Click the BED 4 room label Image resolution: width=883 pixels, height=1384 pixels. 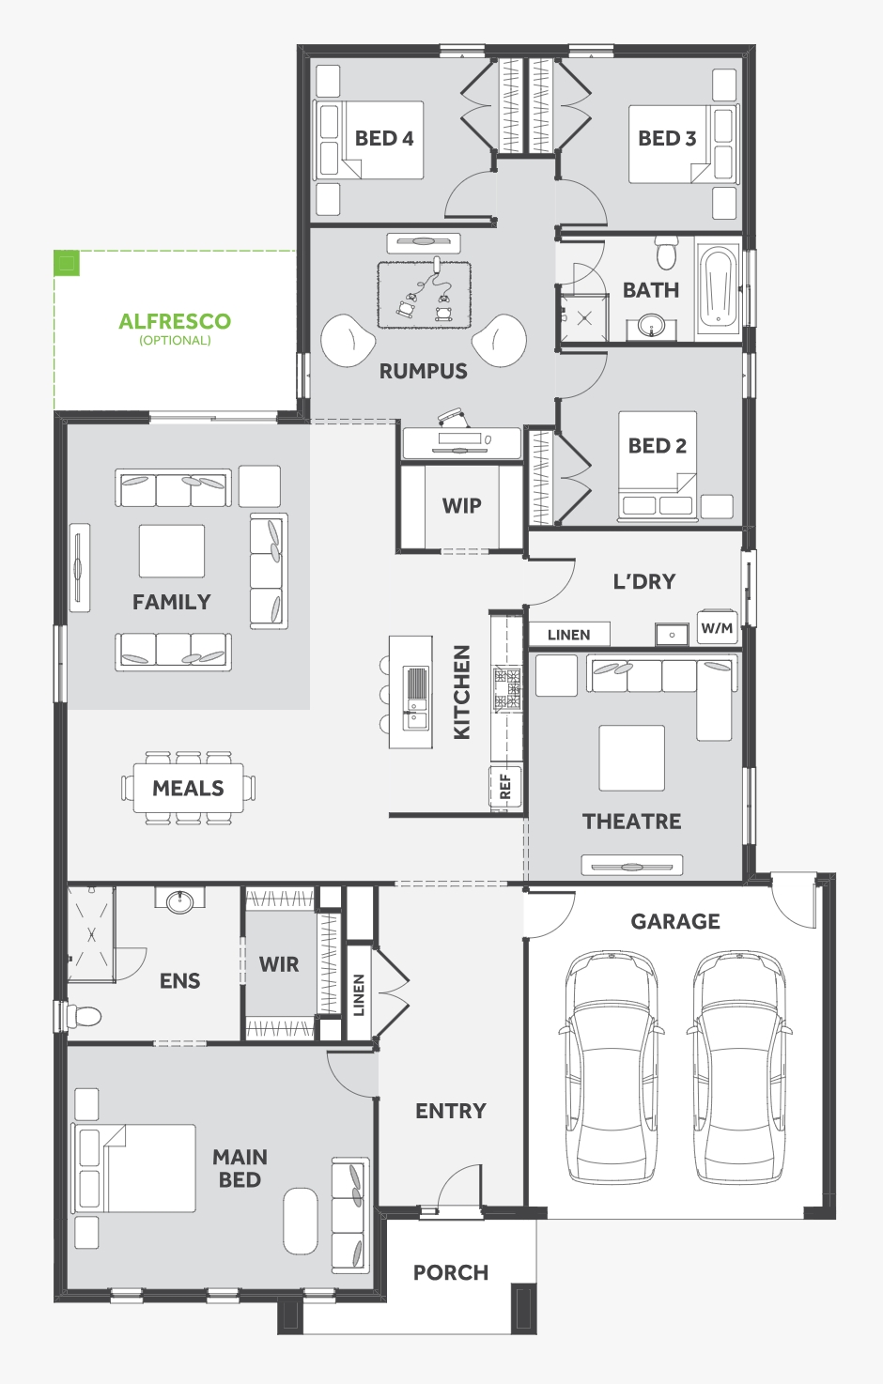384,138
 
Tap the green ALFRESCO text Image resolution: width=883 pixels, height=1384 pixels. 175,321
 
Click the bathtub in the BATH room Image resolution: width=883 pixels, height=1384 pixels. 718,288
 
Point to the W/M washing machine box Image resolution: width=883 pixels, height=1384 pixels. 718,628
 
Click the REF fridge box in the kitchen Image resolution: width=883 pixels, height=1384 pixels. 505,787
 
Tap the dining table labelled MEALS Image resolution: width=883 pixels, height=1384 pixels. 188,788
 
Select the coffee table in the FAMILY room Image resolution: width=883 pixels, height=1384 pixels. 172,551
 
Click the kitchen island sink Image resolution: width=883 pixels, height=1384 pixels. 415,698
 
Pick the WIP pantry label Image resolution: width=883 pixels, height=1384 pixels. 462,505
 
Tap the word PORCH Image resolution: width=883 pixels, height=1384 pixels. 451,1273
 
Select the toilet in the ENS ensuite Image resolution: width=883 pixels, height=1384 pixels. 84,1015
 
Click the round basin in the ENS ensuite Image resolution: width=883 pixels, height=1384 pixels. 179,900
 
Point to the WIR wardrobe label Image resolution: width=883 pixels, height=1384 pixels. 279,964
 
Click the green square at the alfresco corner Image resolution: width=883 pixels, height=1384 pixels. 67,263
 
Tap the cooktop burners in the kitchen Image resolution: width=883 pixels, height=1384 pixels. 507,687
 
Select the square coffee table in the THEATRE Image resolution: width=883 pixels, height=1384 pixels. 631,758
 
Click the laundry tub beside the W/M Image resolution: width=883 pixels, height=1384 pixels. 672,635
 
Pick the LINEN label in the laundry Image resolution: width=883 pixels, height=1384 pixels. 569,635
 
